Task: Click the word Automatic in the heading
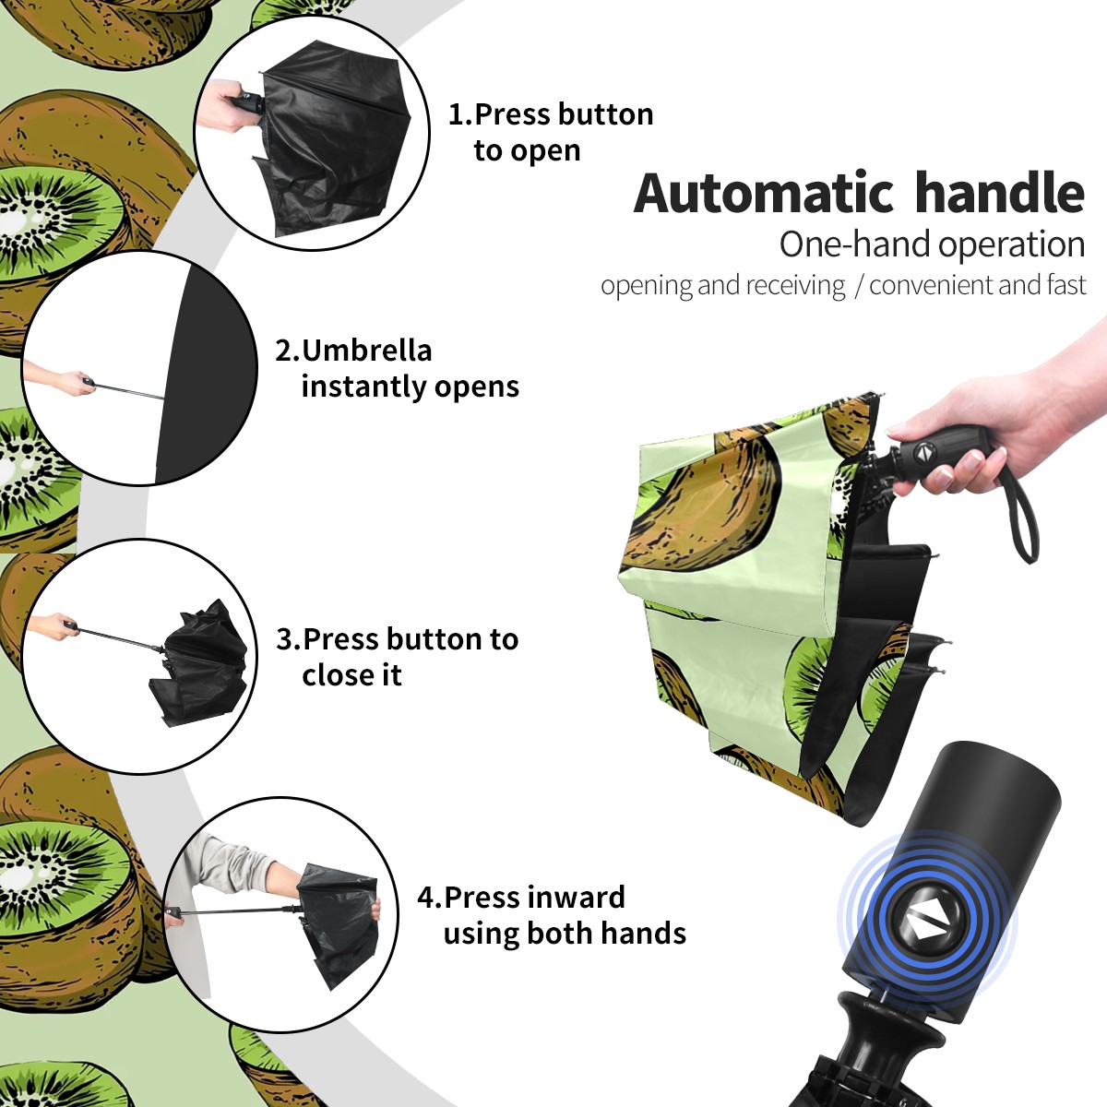[x=764, y=193]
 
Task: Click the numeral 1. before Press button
[x=459, y=114]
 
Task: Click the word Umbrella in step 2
[x=366, y=351]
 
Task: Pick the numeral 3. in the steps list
[x=288, y=639]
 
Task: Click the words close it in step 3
[x=351, y=675]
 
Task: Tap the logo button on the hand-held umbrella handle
[x=924, y=453]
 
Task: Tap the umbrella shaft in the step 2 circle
[x=129, y=390]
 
